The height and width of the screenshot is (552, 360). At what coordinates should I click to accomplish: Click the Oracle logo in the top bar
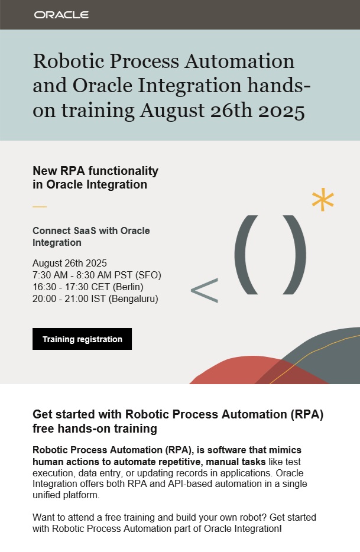point(61,15)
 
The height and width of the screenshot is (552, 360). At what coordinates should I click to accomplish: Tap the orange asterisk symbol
point(323,201)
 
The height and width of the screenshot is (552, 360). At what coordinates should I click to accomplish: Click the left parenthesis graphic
point(247,254)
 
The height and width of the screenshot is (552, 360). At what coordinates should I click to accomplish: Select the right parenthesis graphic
point(295,254)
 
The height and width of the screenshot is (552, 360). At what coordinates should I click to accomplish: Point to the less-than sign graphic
point(204,291)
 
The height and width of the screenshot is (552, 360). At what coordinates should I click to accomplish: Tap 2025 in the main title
point(280,111)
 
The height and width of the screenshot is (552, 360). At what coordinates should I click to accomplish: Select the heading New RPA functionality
point(95,171)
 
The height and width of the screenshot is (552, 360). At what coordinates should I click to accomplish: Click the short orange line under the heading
point(39,207)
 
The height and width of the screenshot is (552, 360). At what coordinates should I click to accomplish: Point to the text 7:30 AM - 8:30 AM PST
point(86,275)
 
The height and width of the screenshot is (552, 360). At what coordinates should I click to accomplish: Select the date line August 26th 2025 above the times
point(70,263)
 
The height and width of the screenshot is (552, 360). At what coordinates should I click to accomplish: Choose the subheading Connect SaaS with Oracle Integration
point(91,236)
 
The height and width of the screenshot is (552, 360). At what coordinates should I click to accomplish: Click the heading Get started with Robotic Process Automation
point(177,414)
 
